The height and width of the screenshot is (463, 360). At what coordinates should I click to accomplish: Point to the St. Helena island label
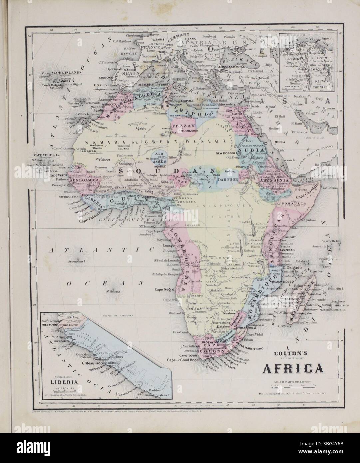(x=113, y=292)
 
